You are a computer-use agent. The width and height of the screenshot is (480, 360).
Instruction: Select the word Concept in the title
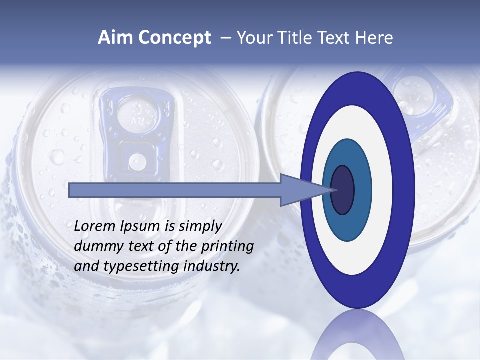(x=174, y=38)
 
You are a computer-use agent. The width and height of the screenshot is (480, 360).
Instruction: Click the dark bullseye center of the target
(x=343, y=190)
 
